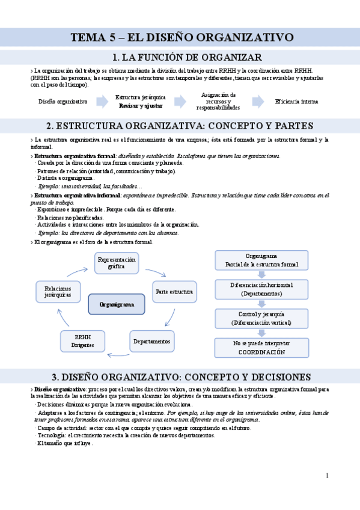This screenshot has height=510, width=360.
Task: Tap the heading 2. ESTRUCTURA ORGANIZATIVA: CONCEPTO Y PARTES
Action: click(x=180, y=126)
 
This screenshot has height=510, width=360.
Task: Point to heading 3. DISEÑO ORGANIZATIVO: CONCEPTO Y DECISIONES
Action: click(x=180, y=377)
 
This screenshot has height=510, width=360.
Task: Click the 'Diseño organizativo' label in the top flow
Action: click(x=63, y=102)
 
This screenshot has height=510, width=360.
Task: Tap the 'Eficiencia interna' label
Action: click(x=296, y=102)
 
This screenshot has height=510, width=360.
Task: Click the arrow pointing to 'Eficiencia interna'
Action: click(x=258, y=102)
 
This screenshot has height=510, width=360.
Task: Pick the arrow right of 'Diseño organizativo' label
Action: click(x=100, y=102)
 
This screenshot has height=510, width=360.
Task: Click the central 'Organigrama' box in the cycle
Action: click(x=117, y=305)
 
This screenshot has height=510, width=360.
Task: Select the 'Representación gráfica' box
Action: click(x=117, y=263)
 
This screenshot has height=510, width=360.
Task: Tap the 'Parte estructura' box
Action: click(x=174, y=292)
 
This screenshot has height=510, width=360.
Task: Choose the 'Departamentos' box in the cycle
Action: click(x=152, y=341)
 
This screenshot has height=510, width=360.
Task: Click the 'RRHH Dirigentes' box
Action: click(x=82, y=341)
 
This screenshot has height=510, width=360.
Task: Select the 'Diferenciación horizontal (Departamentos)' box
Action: click(x=261, y=289)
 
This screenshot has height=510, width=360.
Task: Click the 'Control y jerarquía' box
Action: click(x=261, y=318)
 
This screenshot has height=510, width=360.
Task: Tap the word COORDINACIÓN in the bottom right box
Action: click(x=261, y=352)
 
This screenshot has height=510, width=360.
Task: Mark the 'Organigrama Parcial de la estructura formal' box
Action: click(x=261, y=260)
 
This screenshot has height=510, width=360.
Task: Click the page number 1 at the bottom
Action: click(x=327, y=476)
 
